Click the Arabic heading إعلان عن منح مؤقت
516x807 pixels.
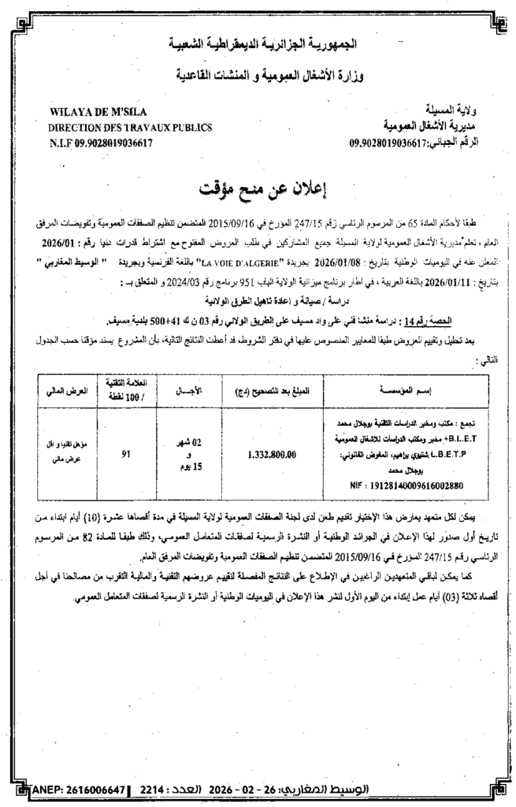258,189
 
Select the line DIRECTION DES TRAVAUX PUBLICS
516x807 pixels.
119,127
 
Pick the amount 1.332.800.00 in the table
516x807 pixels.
271,454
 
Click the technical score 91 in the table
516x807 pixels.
126,454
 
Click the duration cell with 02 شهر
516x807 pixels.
191,443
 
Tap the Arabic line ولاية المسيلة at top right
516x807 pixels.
465,111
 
